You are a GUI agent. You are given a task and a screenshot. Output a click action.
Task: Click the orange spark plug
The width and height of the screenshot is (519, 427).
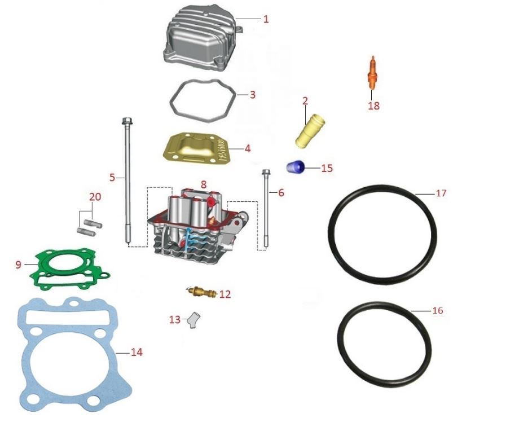click(x=372, y=73)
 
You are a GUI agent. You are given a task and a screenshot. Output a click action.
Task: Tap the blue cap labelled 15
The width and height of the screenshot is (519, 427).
click(x=296, y=167)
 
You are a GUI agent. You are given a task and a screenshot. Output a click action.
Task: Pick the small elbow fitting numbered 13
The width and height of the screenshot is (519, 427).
click(x=193, y=319)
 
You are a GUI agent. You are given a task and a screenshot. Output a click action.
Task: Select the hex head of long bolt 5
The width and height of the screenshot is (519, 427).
click(x=125, y=120)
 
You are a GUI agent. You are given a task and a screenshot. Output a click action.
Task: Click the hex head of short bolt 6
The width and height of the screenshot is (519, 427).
click(x=266, y=173)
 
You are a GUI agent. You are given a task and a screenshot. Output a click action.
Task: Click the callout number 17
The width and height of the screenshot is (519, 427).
click(x=441, y=193)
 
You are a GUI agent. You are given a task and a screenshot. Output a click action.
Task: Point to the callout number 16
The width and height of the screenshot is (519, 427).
click(x=438, y=310)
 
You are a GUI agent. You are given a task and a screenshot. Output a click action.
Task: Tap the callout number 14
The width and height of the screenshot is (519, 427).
click(x=136, y=353)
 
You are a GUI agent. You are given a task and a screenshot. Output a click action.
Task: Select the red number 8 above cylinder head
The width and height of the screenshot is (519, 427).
click(x=203, y=184)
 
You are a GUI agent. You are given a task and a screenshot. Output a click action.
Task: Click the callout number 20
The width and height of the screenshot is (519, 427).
click(x=95, y=197)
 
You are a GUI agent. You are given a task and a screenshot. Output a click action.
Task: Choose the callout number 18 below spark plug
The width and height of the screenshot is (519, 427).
click(x=373, y=105)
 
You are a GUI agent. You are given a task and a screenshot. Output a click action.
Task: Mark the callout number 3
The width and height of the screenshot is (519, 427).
click(x=253, y=95)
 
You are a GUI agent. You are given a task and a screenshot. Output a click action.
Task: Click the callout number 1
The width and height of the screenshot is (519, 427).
click(x=266, y=19)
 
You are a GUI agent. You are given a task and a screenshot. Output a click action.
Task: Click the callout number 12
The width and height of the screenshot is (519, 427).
click(x=225, y=294)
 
